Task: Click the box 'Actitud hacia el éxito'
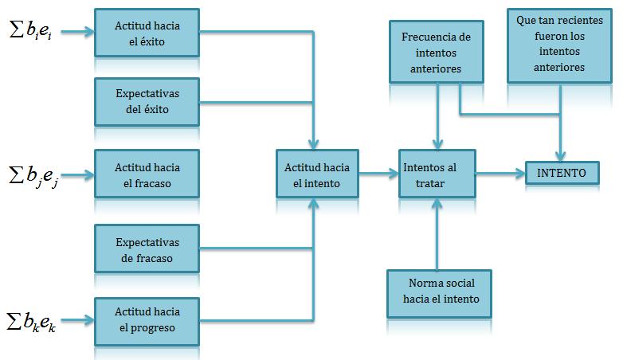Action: (147, 33)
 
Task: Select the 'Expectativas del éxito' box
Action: (147, 102)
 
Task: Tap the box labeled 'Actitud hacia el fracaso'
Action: (147, 174)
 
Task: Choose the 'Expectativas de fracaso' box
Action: (147, 248)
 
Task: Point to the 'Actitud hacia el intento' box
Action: (317, 174)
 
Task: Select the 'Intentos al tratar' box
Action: (437, 174)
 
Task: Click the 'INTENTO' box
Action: (562, 173)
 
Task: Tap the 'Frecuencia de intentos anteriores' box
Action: (437, 52)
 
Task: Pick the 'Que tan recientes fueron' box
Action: (559, 45)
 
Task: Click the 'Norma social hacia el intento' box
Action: (439, 294)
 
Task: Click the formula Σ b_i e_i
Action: (30, 30)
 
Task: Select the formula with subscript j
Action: (33, 175)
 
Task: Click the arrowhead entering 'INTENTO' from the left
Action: (520, 174)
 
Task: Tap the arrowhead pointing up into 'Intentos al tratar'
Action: (437, 203)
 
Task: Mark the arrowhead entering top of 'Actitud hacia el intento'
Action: (313, 144)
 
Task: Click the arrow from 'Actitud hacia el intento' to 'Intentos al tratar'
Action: (378, 174)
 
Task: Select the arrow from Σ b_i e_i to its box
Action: (78, 32)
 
